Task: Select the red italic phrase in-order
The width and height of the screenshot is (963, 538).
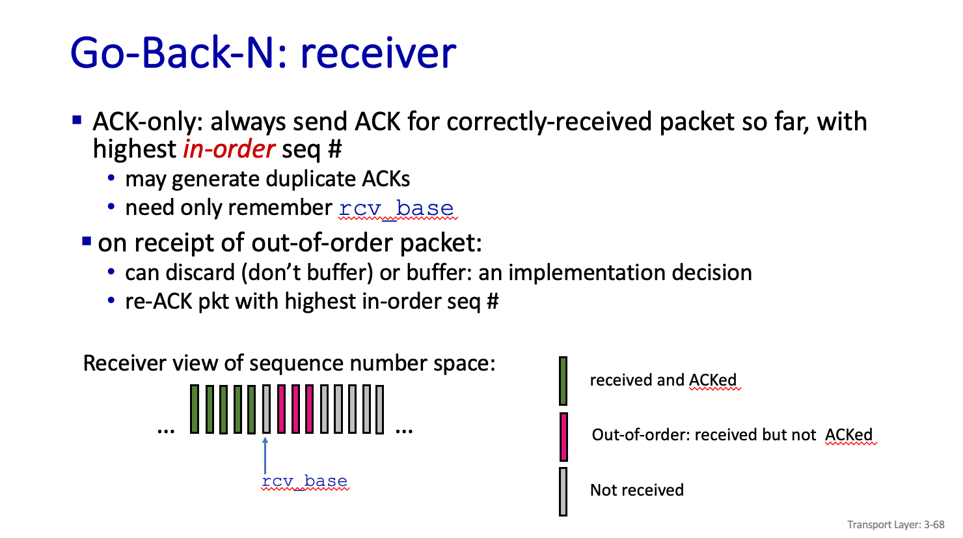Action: pos(229,149)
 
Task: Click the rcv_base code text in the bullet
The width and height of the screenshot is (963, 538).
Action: pos(396,208)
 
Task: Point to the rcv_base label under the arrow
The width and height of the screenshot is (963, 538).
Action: pos(305,481)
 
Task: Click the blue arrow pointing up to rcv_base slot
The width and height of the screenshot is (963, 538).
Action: pos(265,456)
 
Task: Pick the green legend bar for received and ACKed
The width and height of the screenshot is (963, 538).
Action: pos(563,381)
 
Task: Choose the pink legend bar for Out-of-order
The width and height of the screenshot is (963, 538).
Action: pos(563,436)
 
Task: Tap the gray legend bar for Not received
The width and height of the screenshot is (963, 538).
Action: pos(563,491)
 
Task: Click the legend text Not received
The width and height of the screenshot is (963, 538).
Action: pos(636,490)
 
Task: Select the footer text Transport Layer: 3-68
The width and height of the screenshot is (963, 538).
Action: pos(895,524)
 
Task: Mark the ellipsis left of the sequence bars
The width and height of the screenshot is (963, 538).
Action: pos(166,430)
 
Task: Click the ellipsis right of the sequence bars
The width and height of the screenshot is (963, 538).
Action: pos(404,430)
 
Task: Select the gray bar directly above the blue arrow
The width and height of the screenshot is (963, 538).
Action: pos(266,409)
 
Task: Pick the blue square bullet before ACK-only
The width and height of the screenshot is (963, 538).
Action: pos(77,120)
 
